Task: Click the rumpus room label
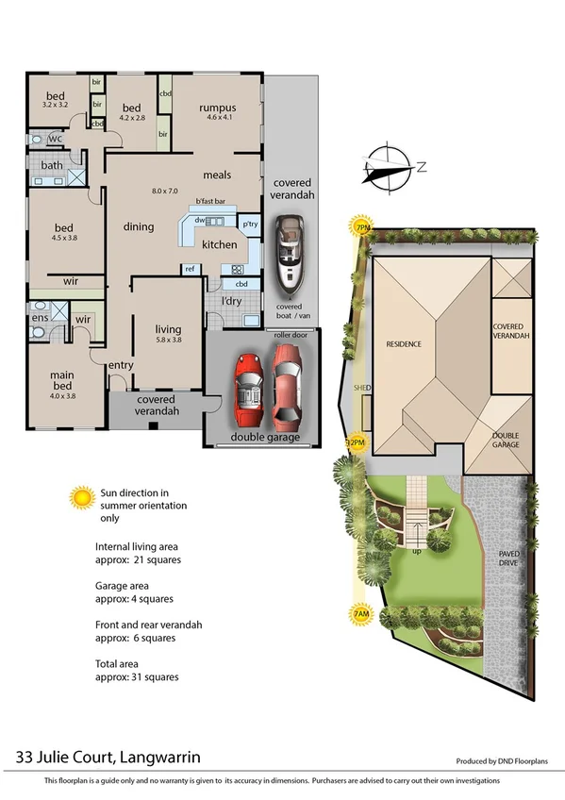217,108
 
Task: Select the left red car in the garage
249,388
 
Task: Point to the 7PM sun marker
360,227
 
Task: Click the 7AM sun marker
359,614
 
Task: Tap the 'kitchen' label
220,245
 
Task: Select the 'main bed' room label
61,380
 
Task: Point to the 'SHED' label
360,388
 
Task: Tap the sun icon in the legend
83,495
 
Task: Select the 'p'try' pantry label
250,225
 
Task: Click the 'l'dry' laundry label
231,301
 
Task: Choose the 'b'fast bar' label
210,201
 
